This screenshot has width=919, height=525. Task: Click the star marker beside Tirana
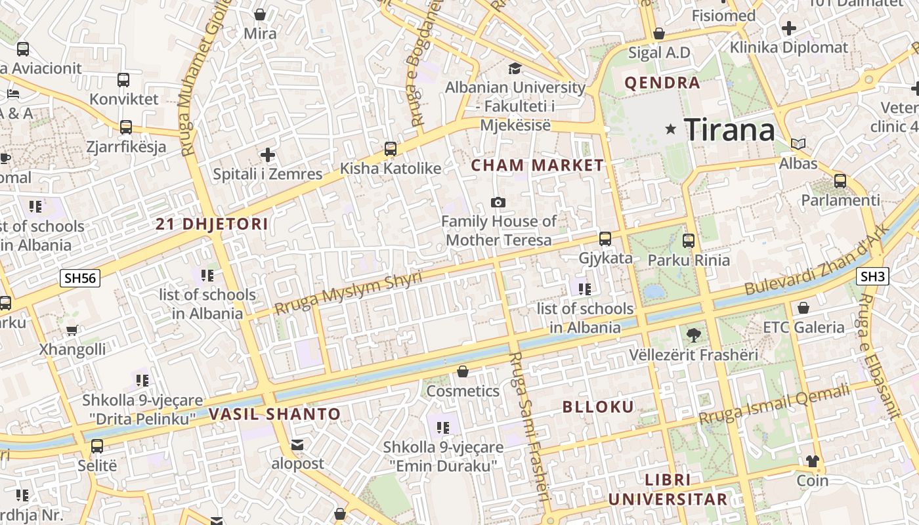670,129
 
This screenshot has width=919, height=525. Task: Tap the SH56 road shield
80,278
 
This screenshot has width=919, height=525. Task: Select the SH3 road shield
872,276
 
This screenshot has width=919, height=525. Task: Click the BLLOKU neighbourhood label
598,407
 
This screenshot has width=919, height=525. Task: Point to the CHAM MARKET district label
537,165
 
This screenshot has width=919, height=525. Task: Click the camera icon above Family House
498,202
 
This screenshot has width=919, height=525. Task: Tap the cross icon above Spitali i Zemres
267,155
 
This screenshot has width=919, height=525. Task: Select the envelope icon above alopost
297,445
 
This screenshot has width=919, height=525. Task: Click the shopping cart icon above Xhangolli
72,330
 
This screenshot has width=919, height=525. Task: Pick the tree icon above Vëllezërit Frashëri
693,335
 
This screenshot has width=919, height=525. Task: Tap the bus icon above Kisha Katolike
391,149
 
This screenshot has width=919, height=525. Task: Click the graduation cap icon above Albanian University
515,68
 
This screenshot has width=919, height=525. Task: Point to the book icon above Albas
798,144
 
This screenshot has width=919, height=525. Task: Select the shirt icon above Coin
813,461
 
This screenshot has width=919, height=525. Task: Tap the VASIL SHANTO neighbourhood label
274,414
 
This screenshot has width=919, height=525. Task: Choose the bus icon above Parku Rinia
688,241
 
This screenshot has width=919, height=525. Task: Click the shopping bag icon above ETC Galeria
803,308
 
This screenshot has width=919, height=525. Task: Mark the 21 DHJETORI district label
211,224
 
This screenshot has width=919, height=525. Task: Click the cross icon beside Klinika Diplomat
789,28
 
